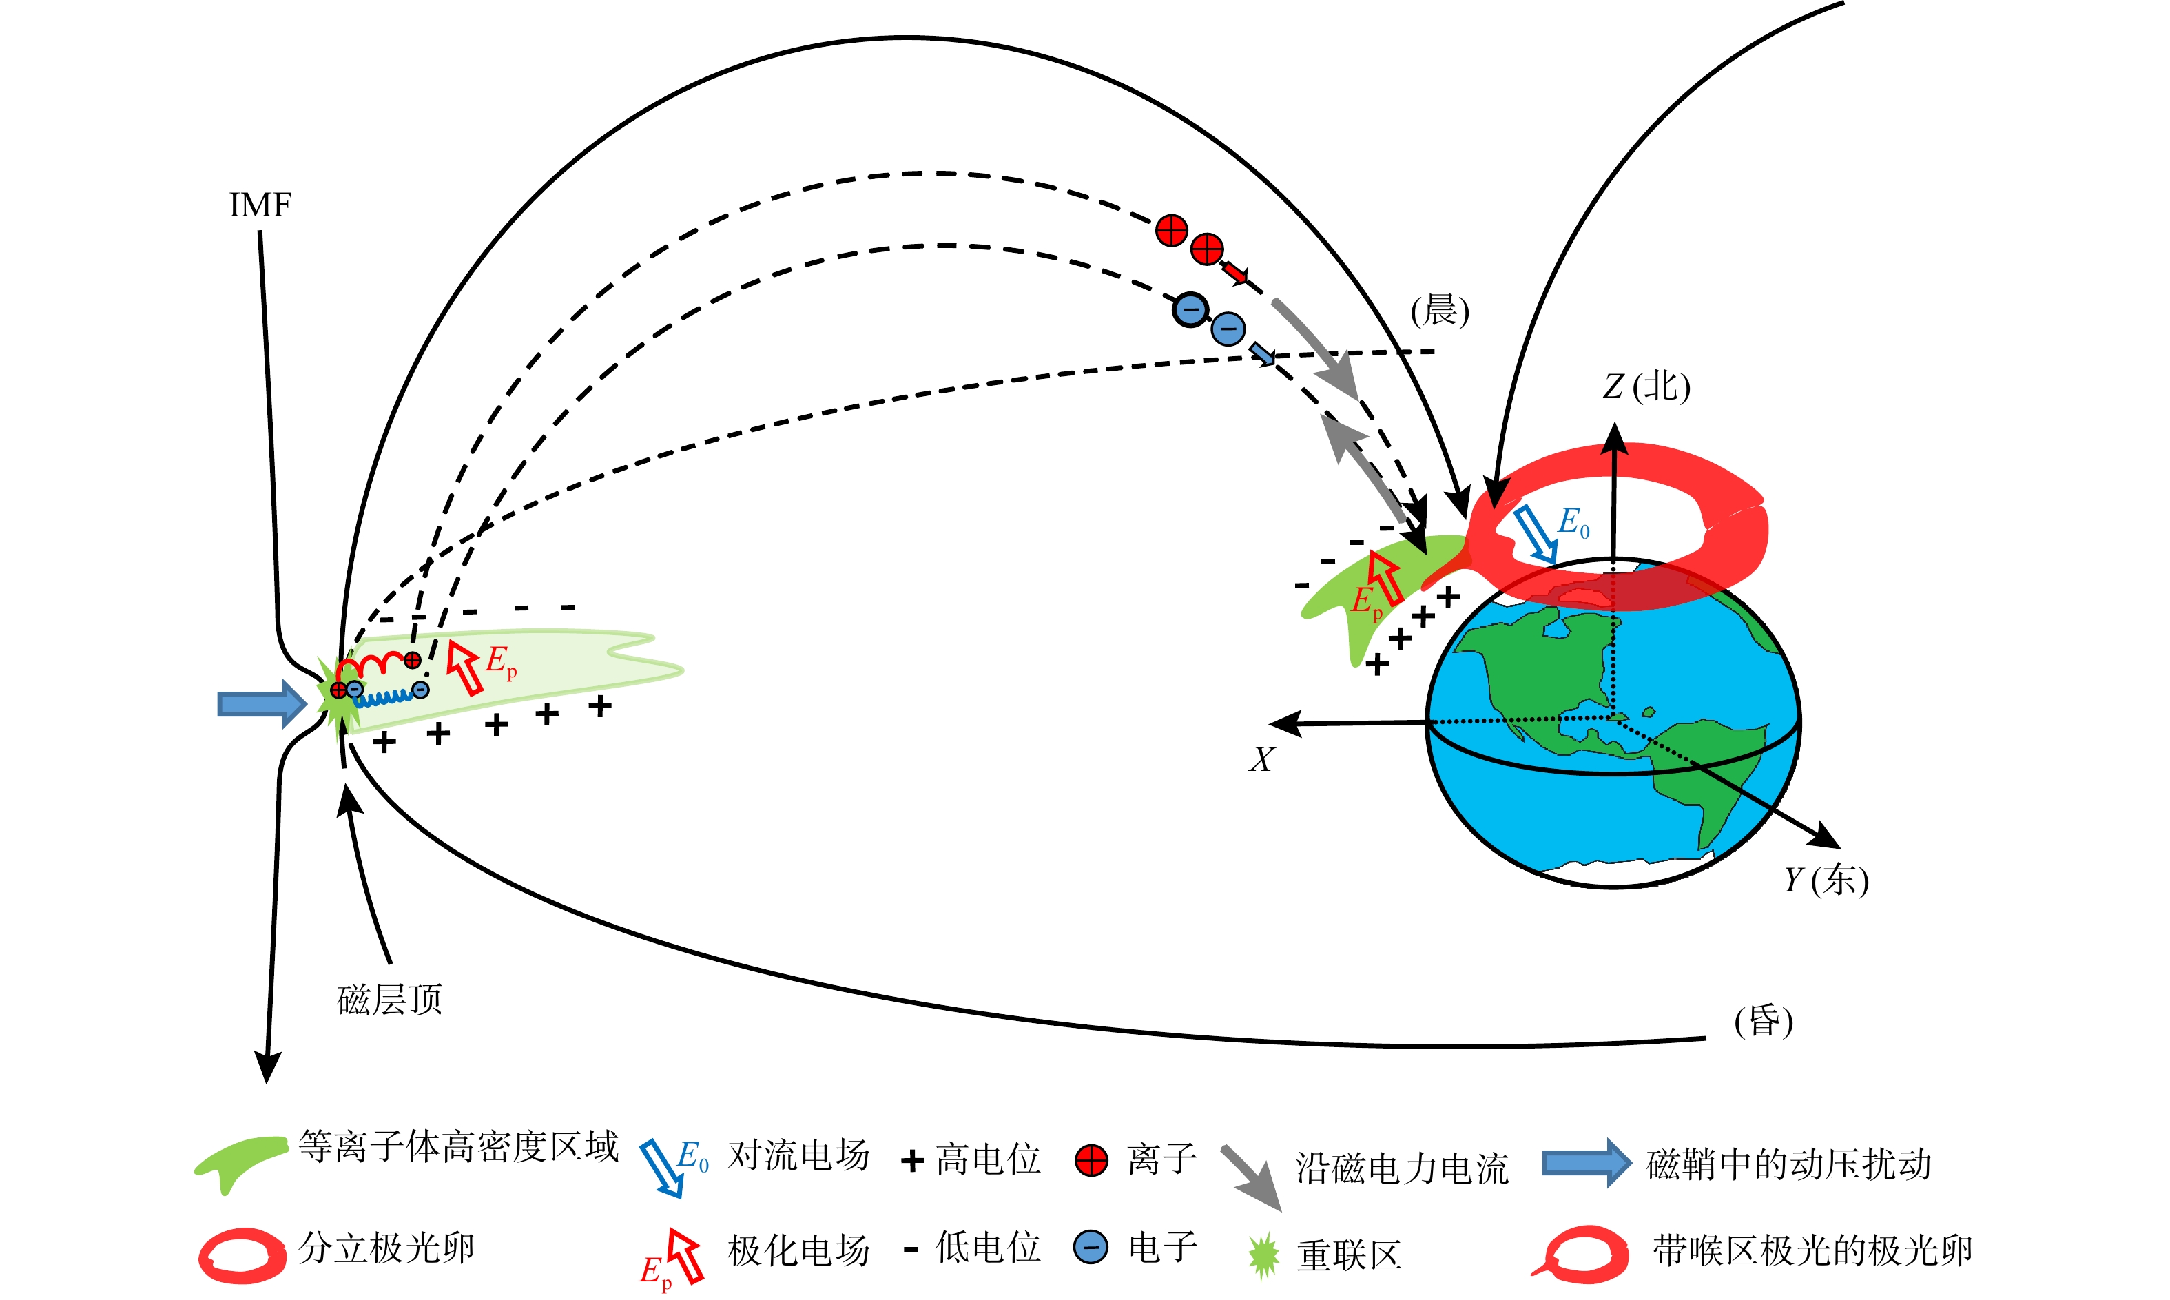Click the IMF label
(x=260, y=205)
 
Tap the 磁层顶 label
(x=390, y=1000)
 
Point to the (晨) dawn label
(x=1440, y=311)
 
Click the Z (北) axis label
(x=1646, y=386)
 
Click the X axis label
(x=1262, y=759)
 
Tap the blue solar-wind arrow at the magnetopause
(x=262, y=703)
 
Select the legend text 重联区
(x=1349, y=1255)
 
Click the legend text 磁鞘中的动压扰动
(x=1788, y=1164)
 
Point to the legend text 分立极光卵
(x=386, y=1248)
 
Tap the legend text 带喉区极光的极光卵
(x=1812, y=1250)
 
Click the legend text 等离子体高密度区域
(x=459, y=1146)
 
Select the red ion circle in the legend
(x=1091, y=1161)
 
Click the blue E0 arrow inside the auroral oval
(x=1535, y=535)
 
